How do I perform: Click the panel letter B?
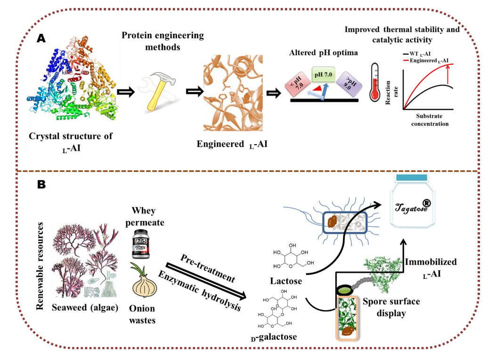[41, 185]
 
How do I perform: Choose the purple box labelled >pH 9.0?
[349, 86]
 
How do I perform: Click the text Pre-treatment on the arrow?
[208, 267]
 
